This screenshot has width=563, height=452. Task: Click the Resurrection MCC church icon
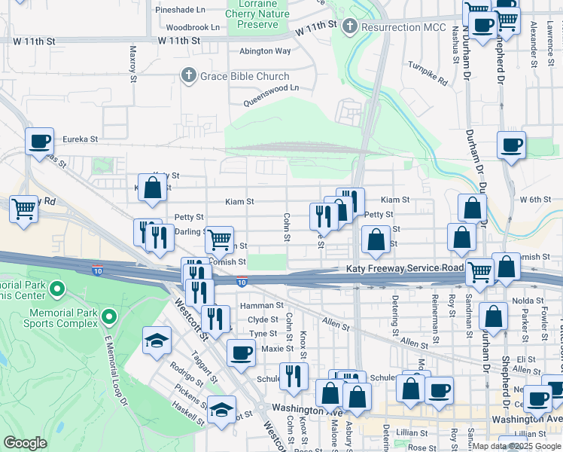point(348,27)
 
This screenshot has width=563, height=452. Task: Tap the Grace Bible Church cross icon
point(188,76)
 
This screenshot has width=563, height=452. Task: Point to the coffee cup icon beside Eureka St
point(39,141)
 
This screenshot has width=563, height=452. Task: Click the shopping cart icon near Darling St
point(219,240)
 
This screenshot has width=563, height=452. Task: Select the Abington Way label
point(265,51)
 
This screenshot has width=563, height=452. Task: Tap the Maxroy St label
point(132,63)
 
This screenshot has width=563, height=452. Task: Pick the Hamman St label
point(261,306)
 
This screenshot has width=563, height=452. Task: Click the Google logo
point(24,442)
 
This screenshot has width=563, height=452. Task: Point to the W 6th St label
point(537,199)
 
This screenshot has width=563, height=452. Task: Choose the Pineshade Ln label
point(180,11)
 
